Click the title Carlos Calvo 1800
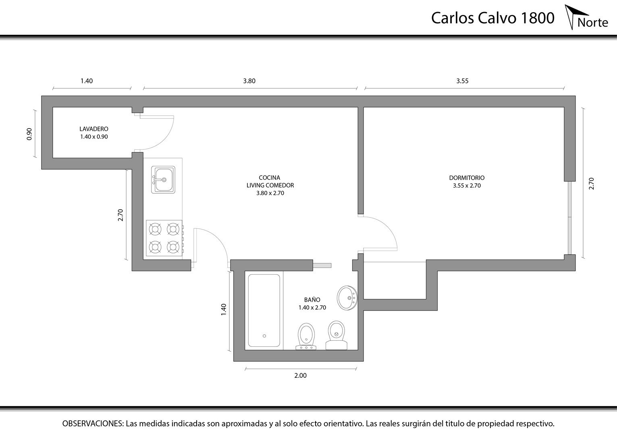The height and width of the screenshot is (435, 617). click(492, 18)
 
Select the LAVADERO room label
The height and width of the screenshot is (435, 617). click(94, 129)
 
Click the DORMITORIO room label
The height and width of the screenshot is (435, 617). click(467, 178)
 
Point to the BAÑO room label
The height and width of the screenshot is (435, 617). click(312, 300)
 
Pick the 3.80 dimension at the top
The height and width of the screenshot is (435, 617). click(249, 81)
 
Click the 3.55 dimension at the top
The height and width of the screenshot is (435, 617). click(463, 81)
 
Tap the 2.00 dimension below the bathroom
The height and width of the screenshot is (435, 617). click(301, 375)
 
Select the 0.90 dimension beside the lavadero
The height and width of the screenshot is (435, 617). click(29, 134)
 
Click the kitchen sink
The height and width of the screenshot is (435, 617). click(163, 180)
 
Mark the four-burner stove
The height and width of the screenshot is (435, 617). click(164, 238)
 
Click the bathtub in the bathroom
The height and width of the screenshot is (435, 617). click(264, 310)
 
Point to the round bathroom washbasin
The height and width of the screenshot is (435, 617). click(347, 298)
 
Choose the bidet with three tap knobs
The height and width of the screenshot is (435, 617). click(306, 336)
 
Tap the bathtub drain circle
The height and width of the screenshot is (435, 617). click(264, 336)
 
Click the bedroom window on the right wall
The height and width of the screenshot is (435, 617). click(569, 217)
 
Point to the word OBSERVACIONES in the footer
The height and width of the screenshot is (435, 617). click(93, 423)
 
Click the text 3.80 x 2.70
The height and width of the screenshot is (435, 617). click(270, 193)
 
